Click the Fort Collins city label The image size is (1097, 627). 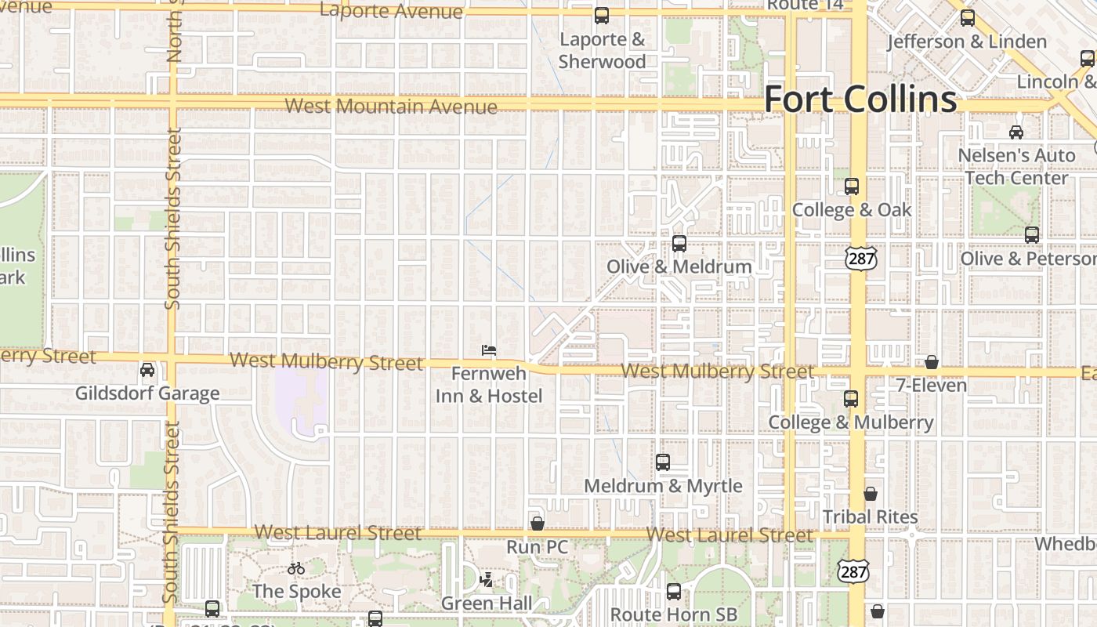860,100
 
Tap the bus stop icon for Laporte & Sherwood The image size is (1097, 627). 602,15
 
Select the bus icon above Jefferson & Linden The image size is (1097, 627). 968,17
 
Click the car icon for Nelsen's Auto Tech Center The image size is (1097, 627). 1016,132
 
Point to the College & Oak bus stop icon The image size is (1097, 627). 852,187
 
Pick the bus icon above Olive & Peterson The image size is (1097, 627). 1032,234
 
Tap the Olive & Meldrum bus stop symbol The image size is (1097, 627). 679,243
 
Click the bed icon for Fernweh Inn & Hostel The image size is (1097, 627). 489,350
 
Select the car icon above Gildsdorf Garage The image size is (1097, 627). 147,369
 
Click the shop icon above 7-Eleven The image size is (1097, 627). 932,361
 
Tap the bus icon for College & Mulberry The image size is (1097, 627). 851,398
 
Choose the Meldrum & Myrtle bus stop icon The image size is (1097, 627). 663,462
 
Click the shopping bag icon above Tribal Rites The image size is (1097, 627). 871,494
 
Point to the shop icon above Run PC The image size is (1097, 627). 538,523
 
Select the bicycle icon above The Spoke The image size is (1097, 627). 296,568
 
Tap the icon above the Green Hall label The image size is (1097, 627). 487,580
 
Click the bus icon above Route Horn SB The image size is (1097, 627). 674,592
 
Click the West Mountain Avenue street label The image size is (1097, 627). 391,106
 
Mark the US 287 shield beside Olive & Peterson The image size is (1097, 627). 860,259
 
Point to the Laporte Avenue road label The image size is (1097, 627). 392,12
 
